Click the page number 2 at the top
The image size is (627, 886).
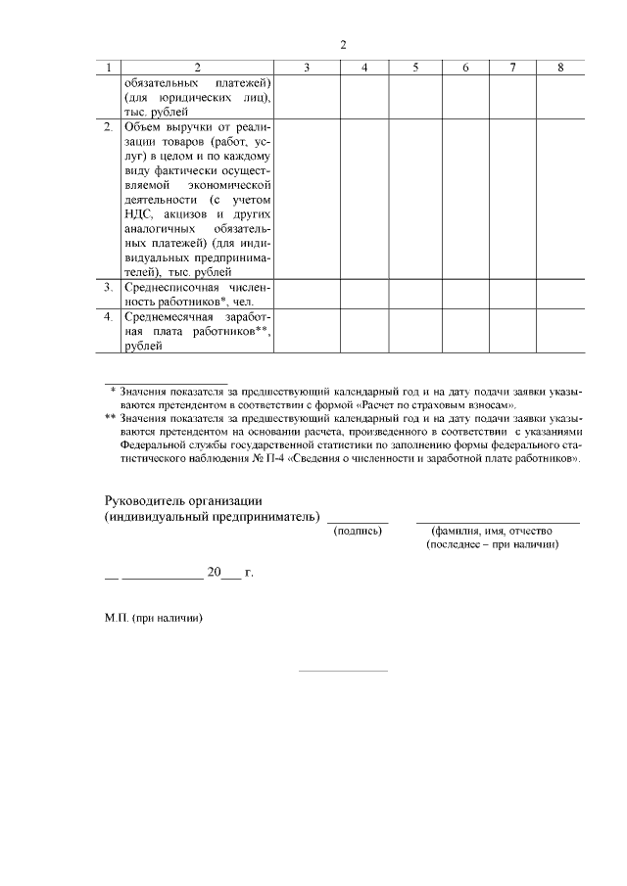pyautogui.click(x=343, y=44)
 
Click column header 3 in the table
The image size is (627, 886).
pyautogui.click(x=308, y=68)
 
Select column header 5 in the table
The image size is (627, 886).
pyautogui.click(x=415, y=68)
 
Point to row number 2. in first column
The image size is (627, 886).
pyautogui.click(x=109, y=129)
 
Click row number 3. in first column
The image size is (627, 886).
pyautogui.click(x=109, y=287)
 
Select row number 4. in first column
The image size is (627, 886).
pyautogui.click(x=109, y=317)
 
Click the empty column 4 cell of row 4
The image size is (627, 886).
pyautogui.click(x=363, y=331)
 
